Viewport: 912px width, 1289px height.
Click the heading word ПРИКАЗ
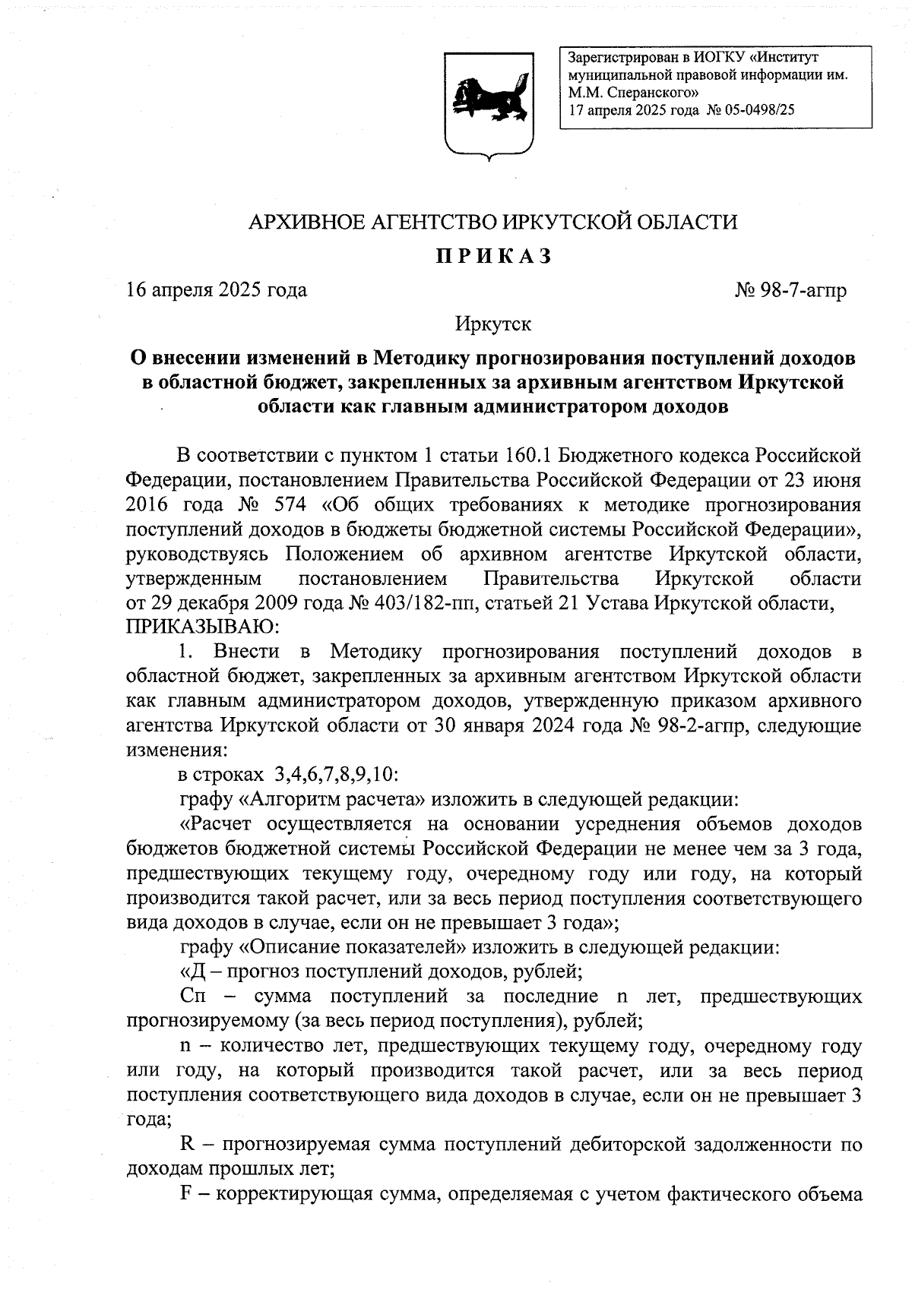click(x=494, y=257)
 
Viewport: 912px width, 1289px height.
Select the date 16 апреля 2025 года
click(x=217, y=290)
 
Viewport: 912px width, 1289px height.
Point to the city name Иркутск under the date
click(x=493, y=324)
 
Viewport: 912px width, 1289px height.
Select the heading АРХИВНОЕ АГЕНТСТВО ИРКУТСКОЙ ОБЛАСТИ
click(x=494, y=222)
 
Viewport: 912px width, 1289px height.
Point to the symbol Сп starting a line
click(x=193, y=996)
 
